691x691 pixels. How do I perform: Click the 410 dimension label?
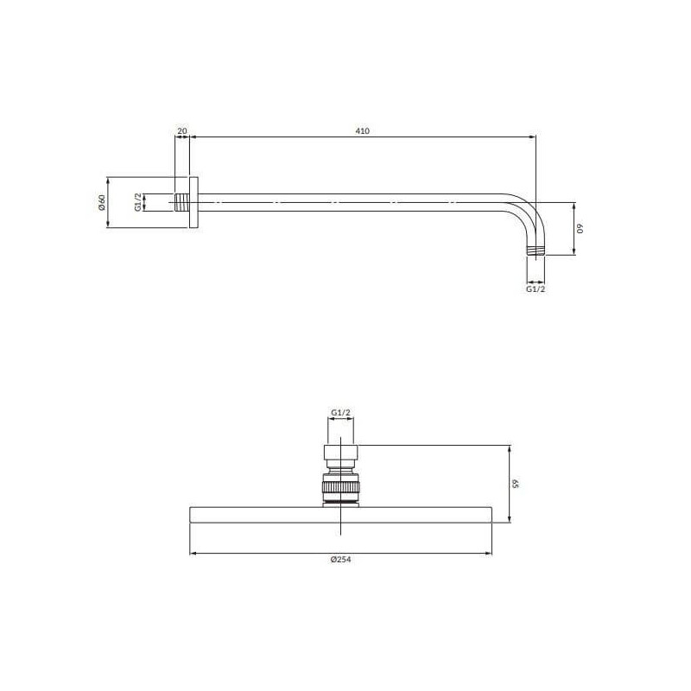point(362,131)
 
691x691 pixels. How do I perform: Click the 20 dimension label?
point(182,131)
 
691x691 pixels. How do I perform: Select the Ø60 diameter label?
point(102,202)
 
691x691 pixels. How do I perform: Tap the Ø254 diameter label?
point(340,559)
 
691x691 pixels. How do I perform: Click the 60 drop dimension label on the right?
point(580,228)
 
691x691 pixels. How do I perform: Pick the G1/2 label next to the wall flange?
point(138,202)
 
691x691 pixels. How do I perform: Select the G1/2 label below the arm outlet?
point(536,289)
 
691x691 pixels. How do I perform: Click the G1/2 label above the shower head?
point(340,413)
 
